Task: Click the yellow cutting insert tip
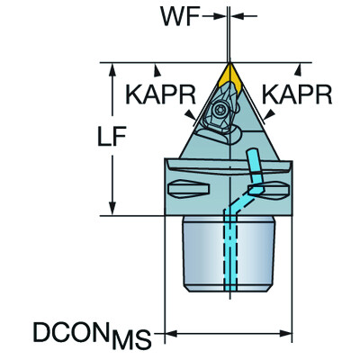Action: point(229,72)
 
